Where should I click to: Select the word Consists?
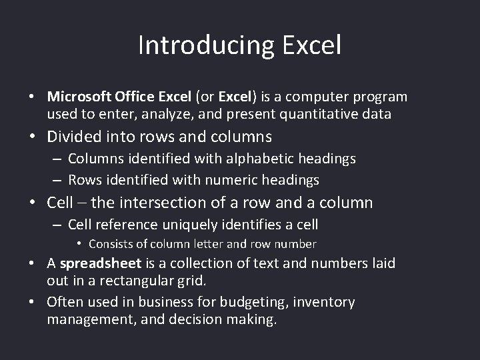(x=111, y=244)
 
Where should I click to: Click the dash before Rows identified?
(x=58, y=180)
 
